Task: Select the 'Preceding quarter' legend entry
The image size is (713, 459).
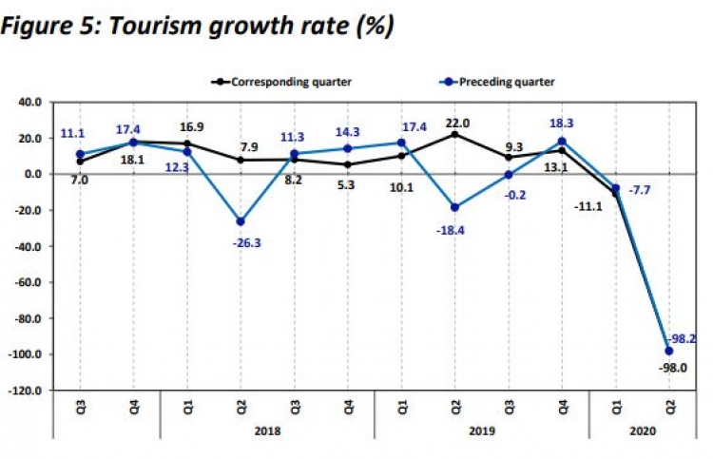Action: tap(506, 82)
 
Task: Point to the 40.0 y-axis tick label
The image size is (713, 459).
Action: tap(29, 102)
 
